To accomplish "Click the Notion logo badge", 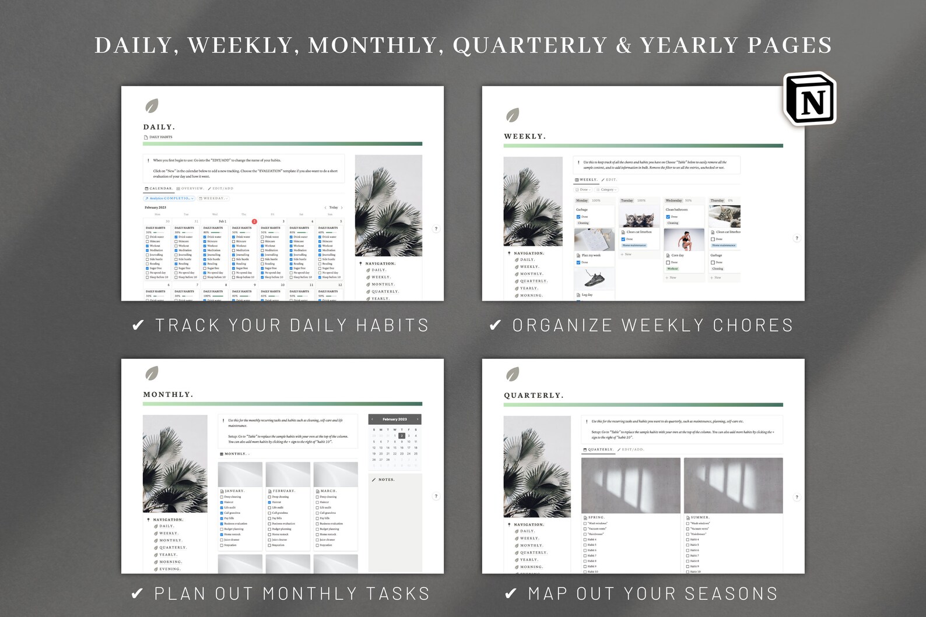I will point(810,99).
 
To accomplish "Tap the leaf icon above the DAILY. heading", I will point(152,106).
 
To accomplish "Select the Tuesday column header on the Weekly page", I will point(627,200).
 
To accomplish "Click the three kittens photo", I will point(639,218).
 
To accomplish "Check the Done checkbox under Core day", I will point(668,262).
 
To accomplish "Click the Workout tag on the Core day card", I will point(672,269).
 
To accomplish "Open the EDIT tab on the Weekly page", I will point(611,179).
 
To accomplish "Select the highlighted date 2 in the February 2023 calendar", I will point(402,436).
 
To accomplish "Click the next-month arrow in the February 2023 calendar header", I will point(418,419).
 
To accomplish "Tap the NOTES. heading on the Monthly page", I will point(386,480).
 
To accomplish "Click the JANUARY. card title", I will point(234,491).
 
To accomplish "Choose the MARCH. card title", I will point(328,491).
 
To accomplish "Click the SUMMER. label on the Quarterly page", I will point(700,517).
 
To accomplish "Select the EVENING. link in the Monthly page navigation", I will point(170,569).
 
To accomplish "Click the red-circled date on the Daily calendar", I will point(254,221).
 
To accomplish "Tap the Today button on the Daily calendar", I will point(334,207).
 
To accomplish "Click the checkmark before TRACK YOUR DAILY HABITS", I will point(138,325).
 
